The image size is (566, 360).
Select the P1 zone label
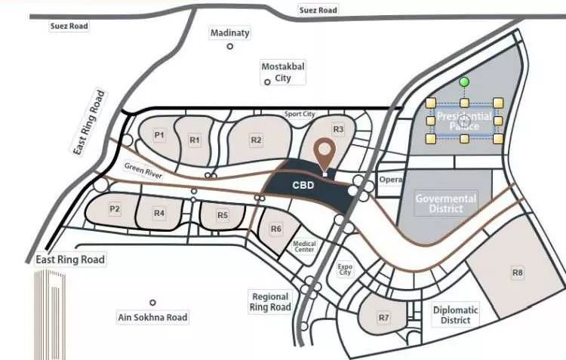pos(159,135)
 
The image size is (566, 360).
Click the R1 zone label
pos(195,140)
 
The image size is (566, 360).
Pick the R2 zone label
pos(257,140)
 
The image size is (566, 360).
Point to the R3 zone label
pos(339,130)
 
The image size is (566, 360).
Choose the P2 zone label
pos(115,209)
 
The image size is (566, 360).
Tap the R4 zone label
pos(159,214)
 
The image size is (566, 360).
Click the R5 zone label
pos(223,215)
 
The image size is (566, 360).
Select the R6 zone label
pos(276,229)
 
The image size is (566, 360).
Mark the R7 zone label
pos(384,318)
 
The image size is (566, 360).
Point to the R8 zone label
pos(518,272)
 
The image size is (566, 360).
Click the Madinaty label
pos(230,33)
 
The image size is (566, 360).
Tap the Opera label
pos(390,180)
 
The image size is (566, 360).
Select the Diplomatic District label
pos(456,315)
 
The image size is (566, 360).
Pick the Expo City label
pos(346,270)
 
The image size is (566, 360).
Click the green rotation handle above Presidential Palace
pos(465,82)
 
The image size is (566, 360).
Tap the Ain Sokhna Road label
pos(152,318)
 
